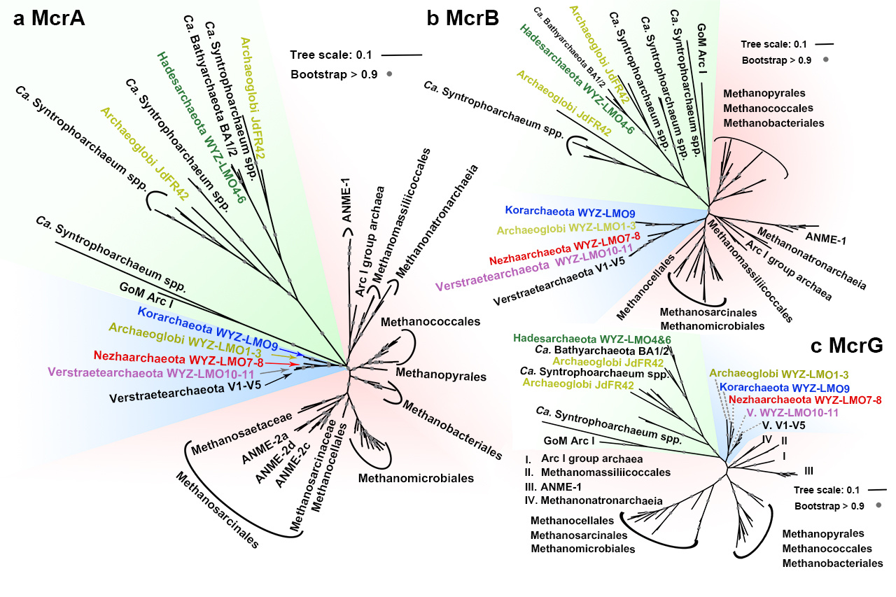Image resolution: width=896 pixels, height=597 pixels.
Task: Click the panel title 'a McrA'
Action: point(49,20)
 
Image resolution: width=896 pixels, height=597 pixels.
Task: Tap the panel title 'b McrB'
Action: point(463,19)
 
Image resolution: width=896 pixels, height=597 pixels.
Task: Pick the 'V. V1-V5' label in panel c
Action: point(787,425)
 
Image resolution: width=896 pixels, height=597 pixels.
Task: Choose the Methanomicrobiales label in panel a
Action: point(416,479)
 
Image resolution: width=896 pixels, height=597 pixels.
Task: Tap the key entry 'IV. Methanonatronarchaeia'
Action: point(592,500)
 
